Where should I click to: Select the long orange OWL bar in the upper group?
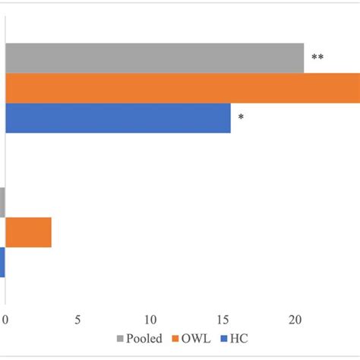pyautogui.click(x=182, y=88)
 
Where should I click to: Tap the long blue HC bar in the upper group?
pyautogui.click(x=118, y=118)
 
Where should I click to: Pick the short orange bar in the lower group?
pyautogui.click(x=28, y=232)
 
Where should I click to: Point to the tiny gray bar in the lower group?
pyautogui.click(x=2, y=202)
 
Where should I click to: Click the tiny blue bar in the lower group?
pyautogui.click(x=2, y=262)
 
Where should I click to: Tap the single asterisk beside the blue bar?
pyautogui.click(x=241, y=118)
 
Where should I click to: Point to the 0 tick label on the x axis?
pyautogui.click(x=6, y=321)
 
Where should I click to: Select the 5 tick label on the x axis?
pyautogui.click(x=78, y=321)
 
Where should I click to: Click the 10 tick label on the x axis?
pyautogui.click(x=151, y=321)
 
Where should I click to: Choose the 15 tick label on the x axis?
pyautogui.click(x=223, y=321)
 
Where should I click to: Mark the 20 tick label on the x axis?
pyautogui.click(x=296, y=321)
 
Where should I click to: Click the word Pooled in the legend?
pyautogui.click(x=145, y=339)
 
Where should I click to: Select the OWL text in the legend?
pyautogui.click(x=196, y=339)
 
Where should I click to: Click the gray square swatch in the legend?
pyautogui.click(x=120, y=339)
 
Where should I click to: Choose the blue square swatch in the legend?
pyautogui.click(x=223, y=339)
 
